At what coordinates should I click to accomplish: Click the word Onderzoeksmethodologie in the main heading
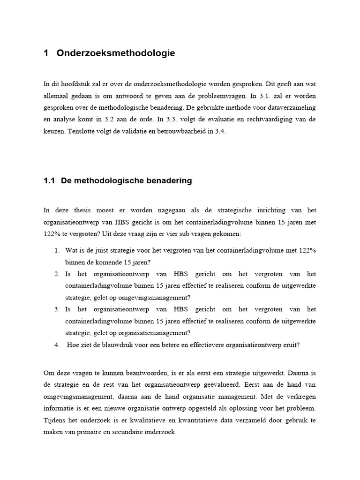tap(115, 53)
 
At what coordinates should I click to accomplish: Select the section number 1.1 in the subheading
tap(49, 181)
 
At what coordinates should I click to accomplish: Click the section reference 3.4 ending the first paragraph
tap(219, 131)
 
